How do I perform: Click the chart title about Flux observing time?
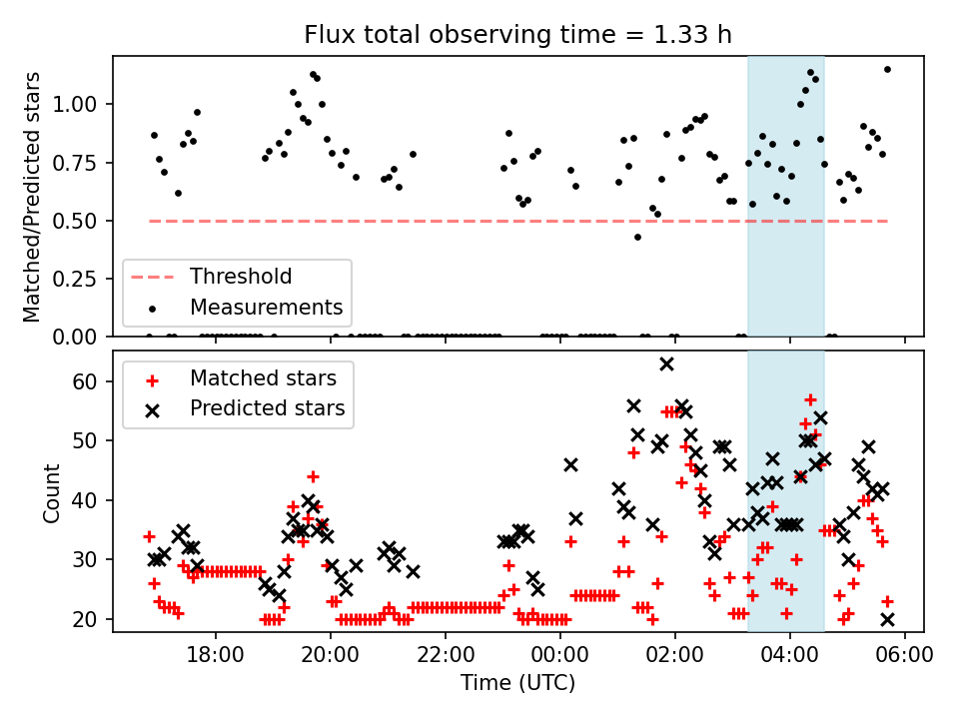tap(517, 35)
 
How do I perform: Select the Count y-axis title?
tap(51, 491)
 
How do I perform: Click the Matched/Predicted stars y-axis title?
tap(32, 197)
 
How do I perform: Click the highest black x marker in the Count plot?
tap(666, 363)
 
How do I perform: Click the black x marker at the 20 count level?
tap(887, 619)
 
